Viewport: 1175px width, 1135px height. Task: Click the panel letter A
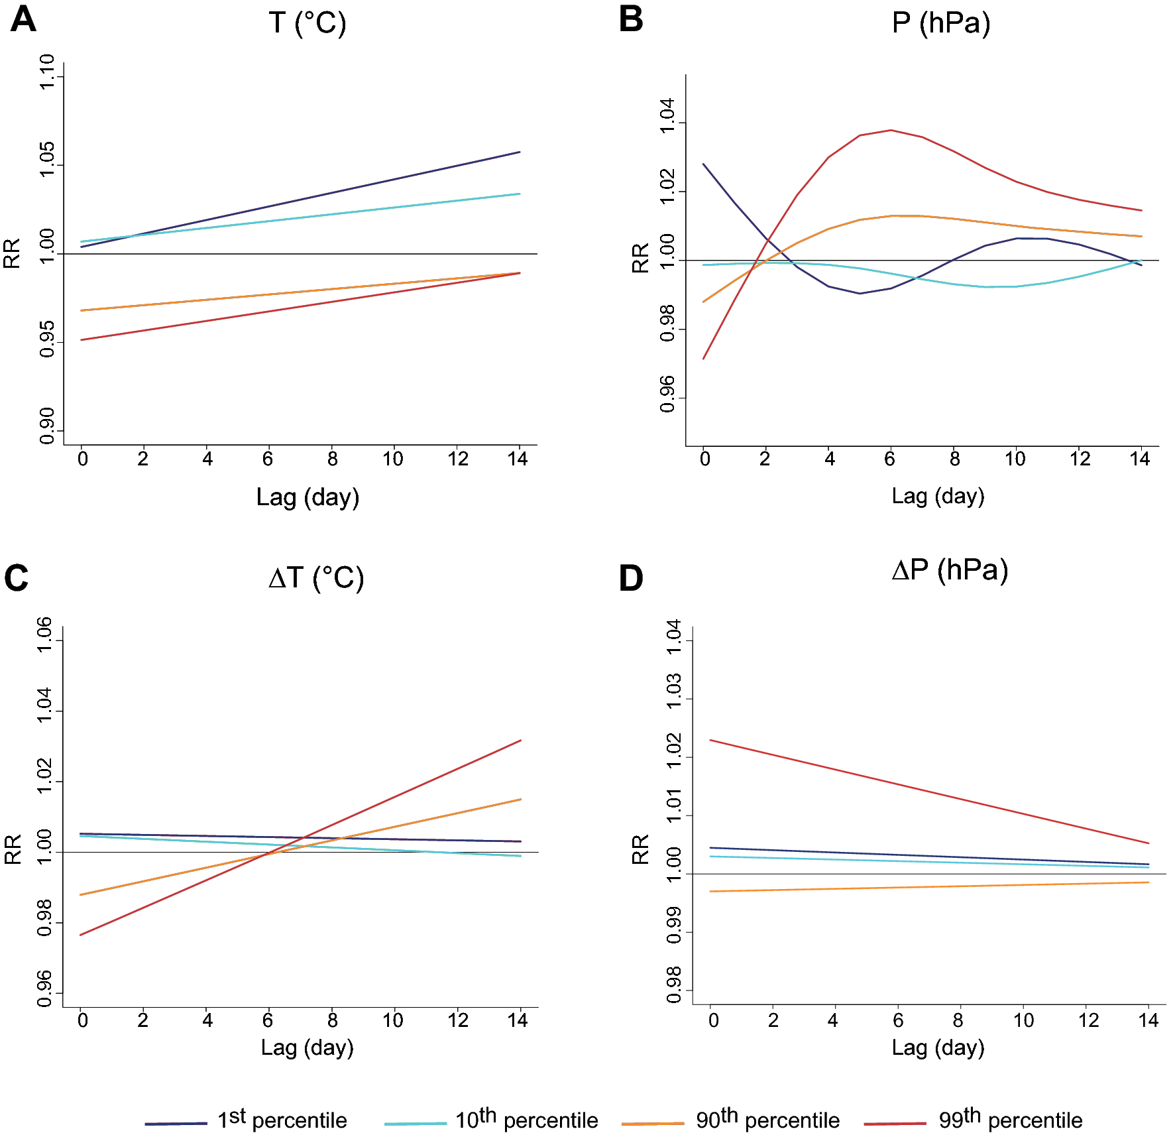coord(23,19)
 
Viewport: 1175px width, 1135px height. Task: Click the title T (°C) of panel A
coord(308,23)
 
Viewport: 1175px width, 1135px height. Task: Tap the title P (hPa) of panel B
coord(940,23)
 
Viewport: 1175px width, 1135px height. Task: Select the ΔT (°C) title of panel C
coord(316,578)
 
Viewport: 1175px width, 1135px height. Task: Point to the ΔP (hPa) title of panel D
coord(950,570)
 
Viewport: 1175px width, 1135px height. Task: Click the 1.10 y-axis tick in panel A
coord(47,73)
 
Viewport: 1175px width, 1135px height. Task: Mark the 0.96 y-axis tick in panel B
coord(667,394)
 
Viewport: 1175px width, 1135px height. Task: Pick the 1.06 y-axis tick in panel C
coord(44,635)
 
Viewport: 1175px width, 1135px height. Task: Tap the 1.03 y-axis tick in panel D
coord(674,691)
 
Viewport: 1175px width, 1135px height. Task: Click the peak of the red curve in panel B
coord(891,130)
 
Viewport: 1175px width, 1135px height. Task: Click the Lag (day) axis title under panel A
coord(308,497)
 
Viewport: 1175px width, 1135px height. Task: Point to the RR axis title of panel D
coord(640,849)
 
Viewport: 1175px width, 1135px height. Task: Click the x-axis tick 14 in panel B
coord(1140,458)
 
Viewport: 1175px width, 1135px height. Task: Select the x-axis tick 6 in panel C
coord(268,1020)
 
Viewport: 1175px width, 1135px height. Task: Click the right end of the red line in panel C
coord(521,741)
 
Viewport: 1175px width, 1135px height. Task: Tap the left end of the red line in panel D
coord(710,740)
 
